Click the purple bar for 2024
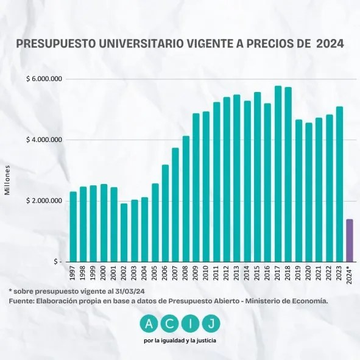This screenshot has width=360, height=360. click(x=350, y=240)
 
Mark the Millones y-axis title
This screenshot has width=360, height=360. click(x=8, y=180)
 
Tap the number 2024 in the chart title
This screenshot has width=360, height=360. click(x=330, y=44)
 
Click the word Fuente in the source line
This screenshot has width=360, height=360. click(x=23, y=300)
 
